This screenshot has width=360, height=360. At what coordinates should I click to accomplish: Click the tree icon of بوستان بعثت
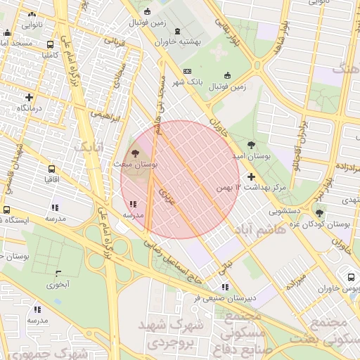click(134, 152)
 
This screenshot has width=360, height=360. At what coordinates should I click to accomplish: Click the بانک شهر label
click(189, 82)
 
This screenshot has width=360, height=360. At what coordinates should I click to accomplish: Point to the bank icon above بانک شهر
click(187, 71)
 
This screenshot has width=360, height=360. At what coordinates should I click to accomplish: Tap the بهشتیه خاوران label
click(178, 41)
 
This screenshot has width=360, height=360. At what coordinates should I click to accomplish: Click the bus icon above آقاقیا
click(51, 169)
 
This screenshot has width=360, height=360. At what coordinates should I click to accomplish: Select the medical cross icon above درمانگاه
click(29, 97)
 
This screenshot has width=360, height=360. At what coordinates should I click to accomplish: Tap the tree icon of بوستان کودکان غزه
click(320, 213)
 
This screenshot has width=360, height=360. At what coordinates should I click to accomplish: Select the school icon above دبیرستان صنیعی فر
click(225, 287)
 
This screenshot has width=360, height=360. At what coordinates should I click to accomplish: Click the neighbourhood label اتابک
click(88, 146)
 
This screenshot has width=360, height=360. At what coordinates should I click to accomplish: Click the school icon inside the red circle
click(134, 205)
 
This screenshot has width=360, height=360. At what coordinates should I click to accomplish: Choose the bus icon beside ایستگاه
click(6, 210)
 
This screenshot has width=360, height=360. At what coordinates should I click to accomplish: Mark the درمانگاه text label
click(30, 108)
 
